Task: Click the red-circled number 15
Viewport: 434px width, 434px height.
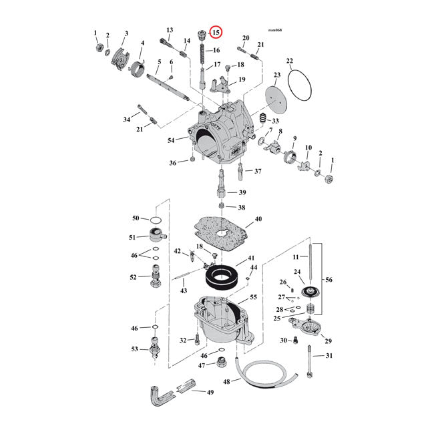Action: click(x=217, y=31)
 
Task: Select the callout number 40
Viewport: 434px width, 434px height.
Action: click(x=257, y=219)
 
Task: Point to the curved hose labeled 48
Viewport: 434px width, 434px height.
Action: click(x=267, y=375)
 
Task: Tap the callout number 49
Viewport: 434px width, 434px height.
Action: click(x=210, y=392)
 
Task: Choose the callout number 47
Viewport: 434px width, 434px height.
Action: click(x=202, y=366)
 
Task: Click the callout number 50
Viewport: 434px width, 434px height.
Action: click(x=136, y=218)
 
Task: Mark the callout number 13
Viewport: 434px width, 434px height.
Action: click(x=170, y=30)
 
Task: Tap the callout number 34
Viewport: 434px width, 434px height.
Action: click(x=127, y=120)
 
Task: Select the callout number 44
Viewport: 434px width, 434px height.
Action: click(x=254, y=267)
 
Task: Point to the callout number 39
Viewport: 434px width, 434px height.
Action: click(x=232, y=192)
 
